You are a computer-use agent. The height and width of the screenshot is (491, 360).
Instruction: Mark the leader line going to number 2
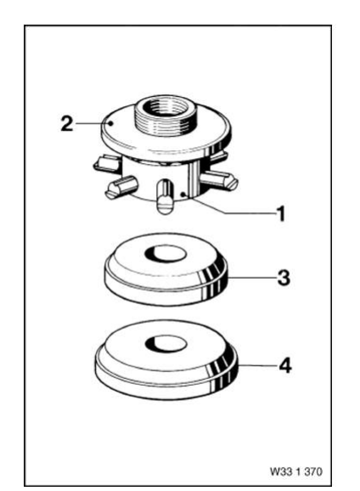(88, 124)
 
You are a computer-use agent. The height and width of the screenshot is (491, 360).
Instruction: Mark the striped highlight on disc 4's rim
(222, 365)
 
